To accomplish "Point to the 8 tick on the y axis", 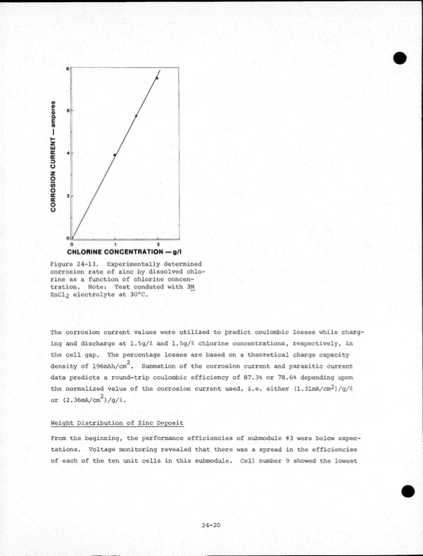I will (68, 69).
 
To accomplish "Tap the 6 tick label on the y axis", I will (68, 111).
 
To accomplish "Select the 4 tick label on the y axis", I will (68, 153).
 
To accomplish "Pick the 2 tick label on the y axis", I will (68, 196).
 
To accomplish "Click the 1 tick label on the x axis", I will (115, 243).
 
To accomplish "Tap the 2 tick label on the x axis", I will (158, 243).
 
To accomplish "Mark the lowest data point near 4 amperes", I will (115, 154).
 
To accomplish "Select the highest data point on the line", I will (157, 78).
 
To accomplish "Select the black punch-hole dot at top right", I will (403, 58).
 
